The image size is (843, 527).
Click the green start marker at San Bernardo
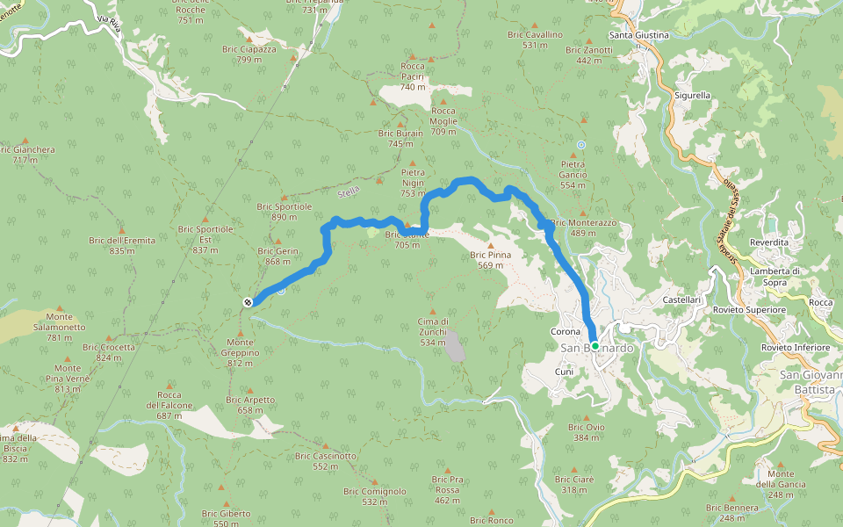point(594,346)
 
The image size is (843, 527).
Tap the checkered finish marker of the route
point(249,302)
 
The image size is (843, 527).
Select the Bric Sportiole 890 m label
point(285,212)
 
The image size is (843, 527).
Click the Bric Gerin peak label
point(277,256)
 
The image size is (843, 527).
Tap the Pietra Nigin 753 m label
point(413,183)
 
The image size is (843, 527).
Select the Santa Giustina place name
point(639,35)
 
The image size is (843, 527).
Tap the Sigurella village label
point(692,95)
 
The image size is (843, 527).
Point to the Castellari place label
point(681,300)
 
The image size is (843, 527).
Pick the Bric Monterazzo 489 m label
point(585,227)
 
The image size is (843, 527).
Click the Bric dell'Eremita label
point(122,245)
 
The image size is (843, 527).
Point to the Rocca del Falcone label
point(169,405)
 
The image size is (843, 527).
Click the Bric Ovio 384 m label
point(586,431)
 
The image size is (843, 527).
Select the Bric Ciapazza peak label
point(249,54)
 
